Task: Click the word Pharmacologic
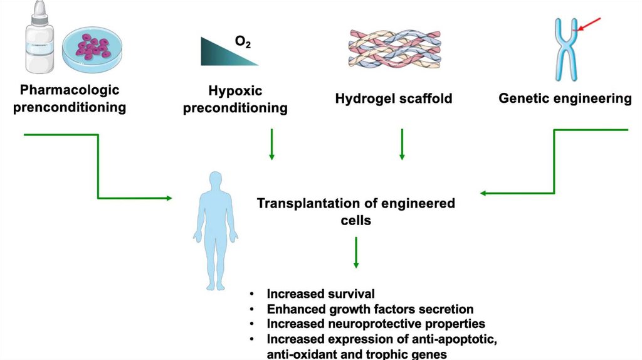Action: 69,90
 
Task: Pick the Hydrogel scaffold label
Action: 394,98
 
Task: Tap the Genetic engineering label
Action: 565,98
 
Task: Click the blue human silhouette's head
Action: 215,179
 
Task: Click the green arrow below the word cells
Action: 356,253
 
